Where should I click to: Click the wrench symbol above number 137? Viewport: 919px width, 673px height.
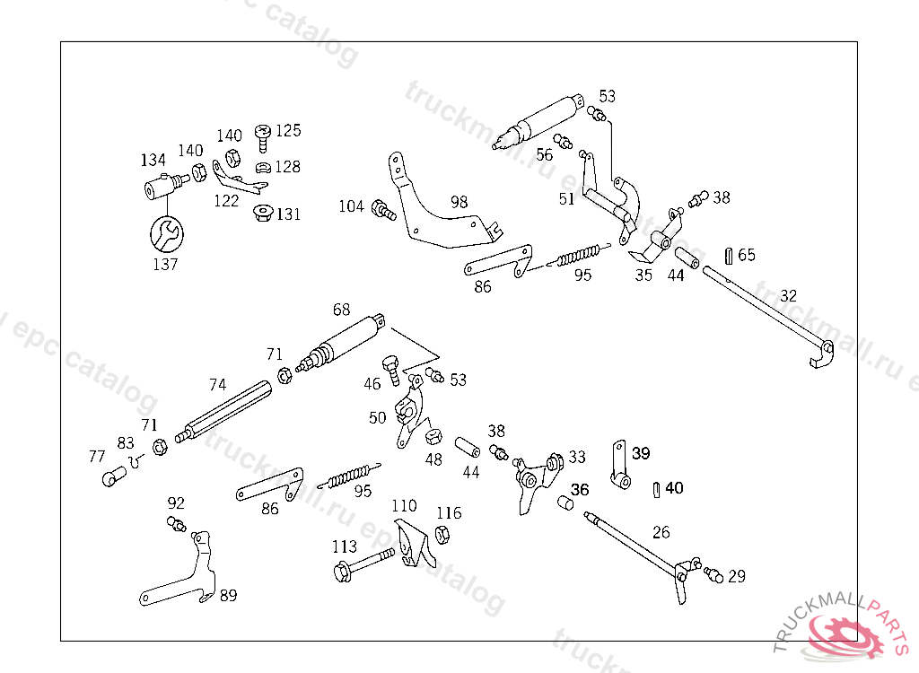pyautogui.click(x=166, y=234)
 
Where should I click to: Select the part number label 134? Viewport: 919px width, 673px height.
pyautogui.click(x=153, y=160)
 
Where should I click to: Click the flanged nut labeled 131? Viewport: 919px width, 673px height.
pyautogui.click(x=263, y=214)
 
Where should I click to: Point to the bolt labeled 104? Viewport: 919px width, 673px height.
pyautogui.click(x=384, y=212)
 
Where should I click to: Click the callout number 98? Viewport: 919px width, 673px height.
pyautogui.click(x=459, y=202)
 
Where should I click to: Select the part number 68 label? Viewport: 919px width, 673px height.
pyautogui.click(x=341, y=310)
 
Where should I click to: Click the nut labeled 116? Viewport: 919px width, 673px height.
pyautogui.click(x=442, y=536)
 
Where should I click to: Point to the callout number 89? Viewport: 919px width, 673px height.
pyautogui.click(x=229, y=595)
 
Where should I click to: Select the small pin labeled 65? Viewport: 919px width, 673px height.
pyautogui.click(x=728, y=256)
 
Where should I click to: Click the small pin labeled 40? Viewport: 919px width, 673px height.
pyautogui.click(x=656, y=489)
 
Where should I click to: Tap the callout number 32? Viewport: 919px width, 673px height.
pyautogui.click(x=788, y=295)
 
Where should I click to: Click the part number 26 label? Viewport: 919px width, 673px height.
pyautogui.click(x=661, y=532)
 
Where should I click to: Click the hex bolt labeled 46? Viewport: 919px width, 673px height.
pyautogui.click(x=392, y=369)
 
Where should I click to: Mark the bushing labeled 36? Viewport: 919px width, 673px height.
pyautogui.click(x=566, y=503)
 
